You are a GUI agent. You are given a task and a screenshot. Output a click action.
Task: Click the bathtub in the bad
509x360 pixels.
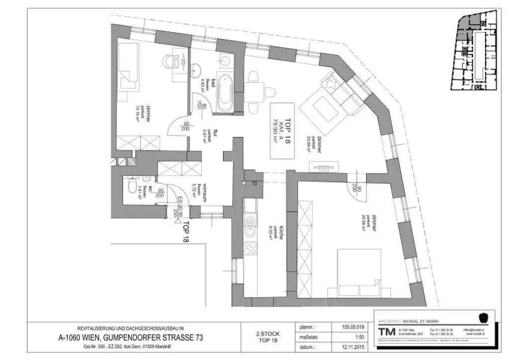225,93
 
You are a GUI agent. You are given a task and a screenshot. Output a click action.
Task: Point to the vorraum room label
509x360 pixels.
201,191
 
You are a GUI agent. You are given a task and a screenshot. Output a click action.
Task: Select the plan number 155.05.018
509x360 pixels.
346,327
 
